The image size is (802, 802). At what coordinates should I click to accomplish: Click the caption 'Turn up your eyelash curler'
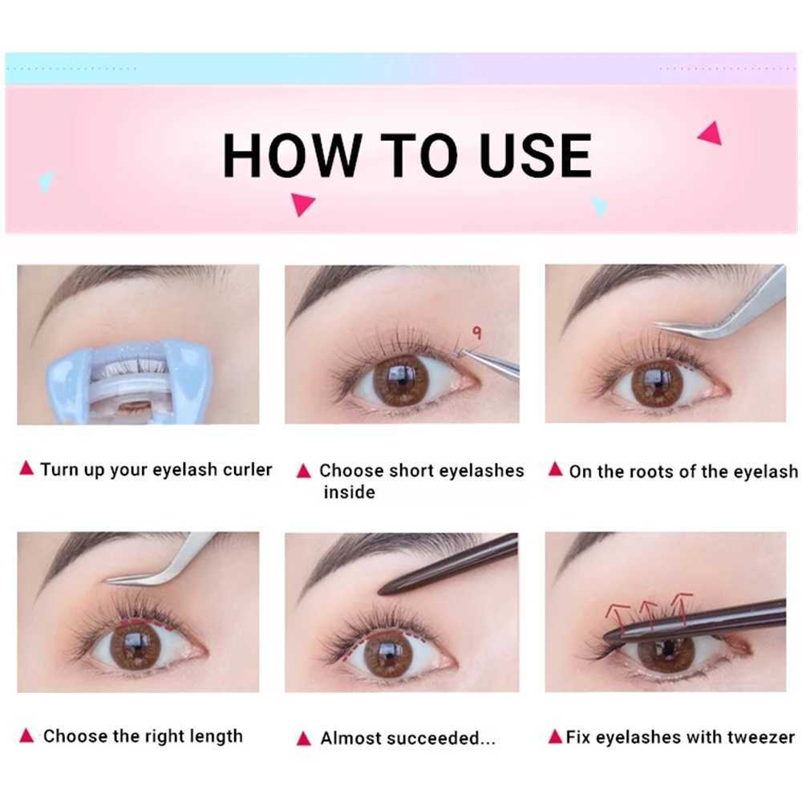tap(156, 469)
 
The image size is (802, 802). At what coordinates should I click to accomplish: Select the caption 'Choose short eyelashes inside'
tap(420, 480)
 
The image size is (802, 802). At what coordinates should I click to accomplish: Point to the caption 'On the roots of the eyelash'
tap(683, 471)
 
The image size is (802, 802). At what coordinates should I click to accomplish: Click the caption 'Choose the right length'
tap(143, 735)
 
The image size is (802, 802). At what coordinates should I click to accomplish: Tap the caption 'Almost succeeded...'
tap(407, 738)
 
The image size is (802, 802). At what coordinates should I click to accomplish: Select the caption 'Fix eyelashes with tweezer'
tap(680, 736)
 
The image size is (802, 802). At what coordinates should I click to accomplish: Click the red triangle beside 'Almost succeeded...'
tap(304, 738)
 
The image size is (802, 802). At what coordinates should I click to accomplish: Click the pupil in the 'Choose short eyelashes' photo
tap(402, 379)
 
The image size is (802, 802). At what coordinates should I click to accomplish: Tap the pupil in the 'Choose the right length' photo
tap(134, 645)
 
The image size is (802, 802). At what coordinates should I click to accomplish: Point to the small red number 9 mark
tap(476, 333)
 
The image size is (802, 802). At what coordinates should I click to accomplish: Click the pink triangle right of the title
tap(711, 132)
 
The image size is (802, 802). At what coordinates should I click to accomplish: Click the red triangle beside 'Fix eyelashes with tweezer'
tap(555, 735)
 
